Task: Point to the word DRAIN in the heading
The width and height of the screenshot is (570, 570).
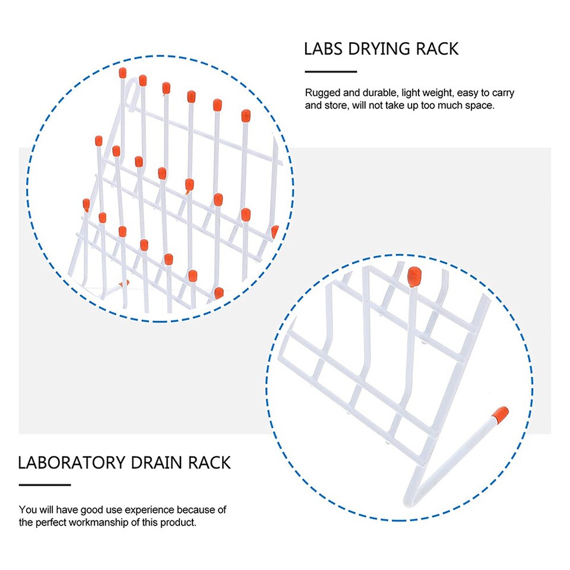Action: (x=157, y=463)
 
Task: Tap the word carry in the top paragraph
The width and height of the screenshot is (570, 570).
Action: (x=503, y=93)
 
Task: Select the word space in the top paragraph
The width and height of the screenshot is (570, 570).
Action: (x=480, y=106)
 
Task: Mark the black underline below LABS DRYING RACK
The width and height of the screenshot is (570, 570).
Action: (x=331, y=72)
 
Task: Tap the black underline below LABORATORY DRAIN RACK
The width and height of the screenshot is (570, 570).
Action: (x=45, y=485)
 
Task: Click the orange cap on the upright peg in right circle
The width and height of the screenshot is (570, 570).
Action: (x=414, y=275)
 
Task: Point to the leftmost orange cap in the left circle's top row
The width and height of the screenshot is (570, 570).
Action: (x=122, y=73)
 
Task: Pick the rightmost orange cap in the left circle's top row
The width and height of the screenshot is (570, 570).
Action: (x=245, y=115)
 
